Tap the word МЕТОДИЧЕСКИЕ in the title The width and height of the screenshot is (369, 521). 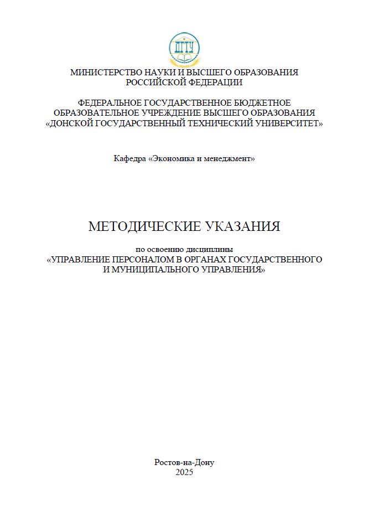point(145,226)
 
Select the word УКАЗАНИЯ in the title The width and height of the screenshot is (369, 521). point(243,226)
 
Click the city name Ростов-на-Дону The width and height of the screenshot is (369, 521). point(184,462)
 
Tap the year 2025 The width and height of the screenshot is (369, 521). point(184,472)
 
